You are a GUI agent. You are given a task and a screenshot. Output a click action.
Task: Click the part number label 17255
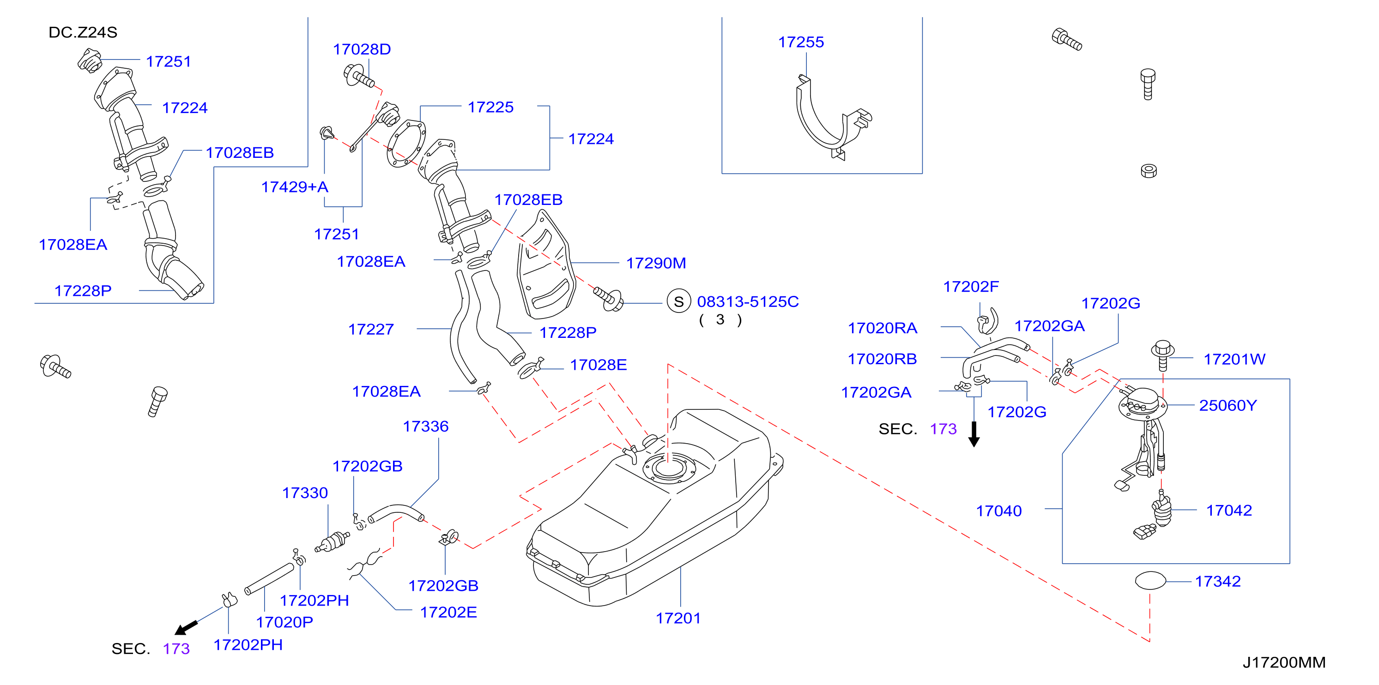800,42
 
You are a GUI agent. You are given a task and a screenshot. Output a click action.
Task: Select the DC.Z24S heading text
83,33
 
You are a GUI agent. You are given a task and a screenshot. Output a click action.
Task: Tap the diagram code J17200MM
1284,662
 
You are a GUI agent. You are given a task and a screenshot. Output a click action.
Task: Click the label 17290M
656,263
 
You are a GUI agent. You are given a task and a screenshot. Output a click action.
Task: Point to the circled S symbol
679,302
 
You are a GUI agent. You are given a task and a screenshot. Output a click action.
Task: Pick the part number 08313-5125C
748,302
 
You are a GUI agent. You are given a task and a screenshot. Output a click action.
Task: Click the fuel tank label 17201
678,618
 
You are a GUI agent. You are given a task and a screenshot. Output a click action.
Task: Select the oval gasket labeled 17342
1150,581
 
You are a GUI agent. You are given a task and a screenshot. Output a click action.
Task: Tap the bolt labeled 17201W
1163,355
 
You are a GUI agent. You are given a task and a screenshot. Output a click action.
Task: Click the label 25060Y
1228,406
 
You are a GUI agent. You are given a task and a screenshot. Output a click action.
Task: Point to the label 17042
1229,511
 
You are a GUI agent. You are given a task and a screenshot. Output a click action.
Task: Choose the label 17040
999,511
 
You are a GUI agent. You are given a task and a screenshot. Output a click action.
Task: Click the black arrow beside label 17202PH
186,628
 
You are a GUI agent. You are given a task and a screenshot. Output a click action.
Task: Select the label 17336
426,427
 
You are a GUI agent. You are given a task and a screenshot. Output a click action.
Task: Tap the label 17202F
971,287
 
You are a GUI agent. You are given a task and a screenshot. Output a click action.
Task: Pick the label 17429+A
295,187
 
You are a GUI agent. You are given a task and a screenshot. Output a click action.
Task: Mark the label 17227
371,330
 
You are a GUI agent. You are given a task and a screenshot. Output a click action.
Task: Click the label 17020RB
882,359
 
